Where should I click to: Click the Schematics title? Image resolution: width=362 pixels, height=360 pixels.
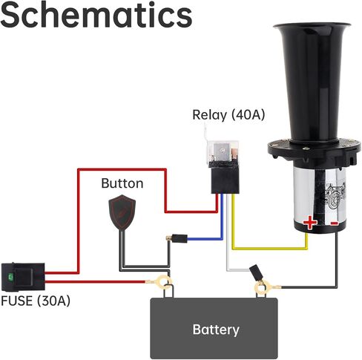point(96,15)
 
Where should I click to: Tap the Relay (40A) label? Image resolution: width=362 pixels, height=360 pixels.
point(228,115)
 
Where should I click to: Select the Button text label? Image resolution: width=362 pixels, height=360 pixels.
point(122,183)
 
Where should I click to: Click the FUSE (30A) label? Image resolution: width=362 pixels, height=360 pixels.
point(36,301)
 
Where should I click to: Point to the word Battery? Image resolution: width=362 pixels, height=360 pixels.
point(216,330)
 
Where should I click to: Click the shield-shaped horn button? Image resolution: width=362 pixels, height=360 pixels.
point(122,213)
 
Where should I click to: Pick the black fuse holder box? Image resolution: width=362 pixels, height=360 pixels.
point(23,277)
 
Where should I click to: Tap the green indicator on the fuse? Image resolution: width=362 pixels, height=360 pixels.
point(10,277)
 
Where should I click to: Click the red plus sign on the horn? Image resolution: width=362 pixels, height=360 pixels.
point(310,223)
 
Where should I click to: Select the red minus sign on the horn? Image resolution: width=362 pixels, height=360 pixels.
point(335,223)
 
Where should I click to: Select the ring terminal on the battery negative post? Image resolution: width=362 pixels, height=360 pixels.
point(261,287)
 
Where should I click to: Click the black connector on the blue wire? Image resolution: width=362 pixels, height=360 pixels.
point(180,238)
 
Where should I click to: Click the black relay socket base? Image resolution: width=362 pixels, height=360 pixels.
point(225,179)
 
